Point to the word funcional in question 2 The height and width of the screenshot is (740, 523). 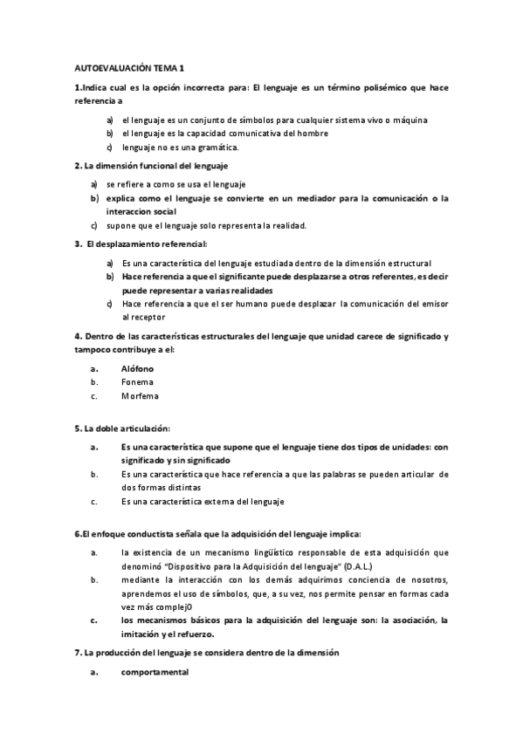[157, 166]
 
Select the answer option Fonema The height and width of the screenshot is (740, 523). [138, 381]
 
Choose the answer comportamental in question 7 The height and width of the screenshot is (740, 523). [155, 673]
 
